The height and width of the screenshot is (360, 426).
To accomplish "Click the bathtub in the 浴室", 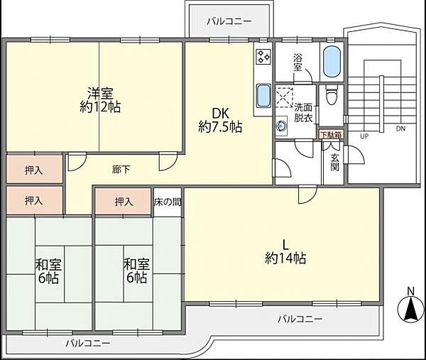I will [332, 62].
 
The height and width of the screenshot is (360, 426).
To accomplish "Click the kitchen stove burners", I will [264, 57].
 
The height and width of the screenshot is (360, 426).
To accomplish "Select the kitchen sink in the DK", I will [263, 94].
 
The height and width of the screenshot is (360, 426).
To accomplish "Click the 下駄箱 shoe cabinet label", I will [330, 134].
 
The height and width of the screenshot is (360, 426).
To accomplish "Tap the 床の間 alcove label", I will [168, 202].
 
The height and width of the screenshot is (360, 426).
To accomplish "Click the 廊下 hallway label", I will [121, 170].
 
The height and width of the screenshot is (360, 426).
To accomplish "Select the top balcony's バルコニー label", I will [229, 22].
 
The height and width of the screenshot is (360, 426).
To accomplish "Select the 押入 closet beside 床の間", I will [124, 202].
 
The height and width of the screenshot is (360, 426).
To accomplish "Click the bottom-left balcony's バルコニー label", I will [87, 343].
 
